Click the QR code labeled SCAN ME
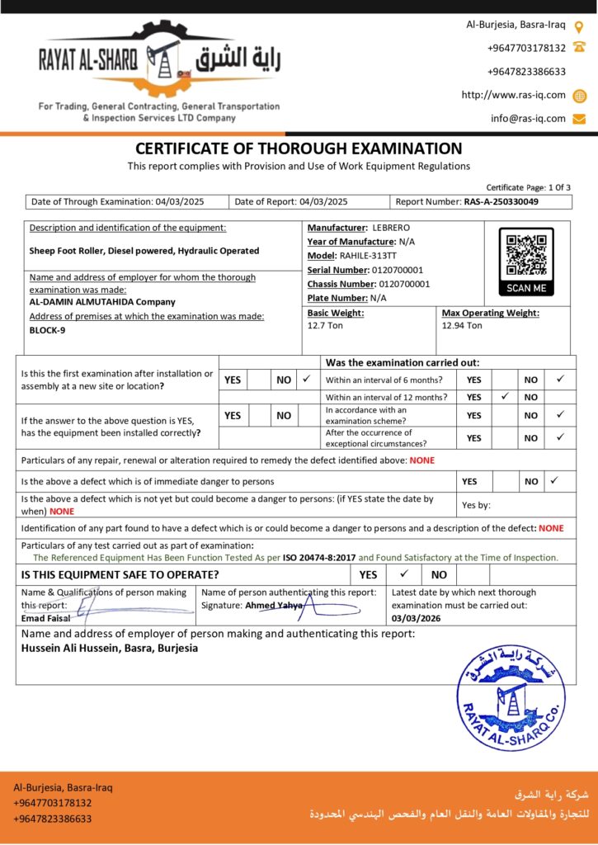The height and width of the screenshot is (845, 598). [x=526, y=255]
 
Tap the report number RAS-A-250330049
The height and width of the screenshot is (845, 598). [x=501, y=201]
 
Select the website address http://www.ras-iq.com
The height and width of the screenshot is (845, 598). [x=513, y=95]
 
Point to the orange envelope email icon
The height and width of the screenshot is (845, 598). [x=579, y=118]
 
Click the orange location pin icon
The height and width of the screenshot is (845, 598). [x=579, y=26]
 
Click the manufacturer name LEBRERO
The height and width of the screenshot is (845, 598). [x=391, y=227]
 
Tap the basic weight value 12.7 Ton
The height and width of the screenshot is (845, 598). [x=327, y=326]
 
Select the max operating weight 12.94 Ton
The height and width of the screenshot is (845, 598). [x=462, y=326]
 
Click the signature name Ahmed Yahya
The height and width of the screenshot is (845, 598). [x=274, y=605]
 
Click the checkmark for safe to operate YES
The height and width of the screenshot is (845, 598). [x=404, y=574]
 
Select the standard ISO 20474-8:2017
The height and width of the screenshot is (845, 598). [x=319, y=558]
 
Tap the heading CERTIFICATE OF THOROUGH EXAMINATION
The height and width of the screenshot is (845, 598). [x=299, y=149]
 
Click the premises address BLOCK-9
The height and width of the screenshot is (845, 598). [x=48, y=330]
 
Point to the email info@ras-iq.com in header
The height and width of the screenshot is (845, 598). [x=528, y=118]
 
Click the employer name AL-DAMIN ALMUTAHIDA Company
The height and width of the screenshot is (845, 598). [x=102, y=302]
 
